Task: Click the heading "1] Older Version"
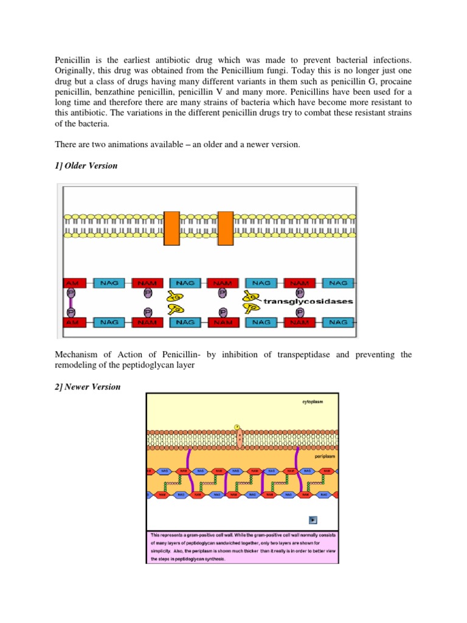coord(86,165)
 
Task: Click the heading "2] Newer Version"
coord(88,387)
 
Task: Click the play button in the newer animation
coord(313,520)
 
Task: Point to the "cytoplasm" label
coord(314,402)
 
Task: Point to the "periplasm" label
coord(325,455)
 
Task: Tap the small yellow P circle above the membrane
coord(237,426)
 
